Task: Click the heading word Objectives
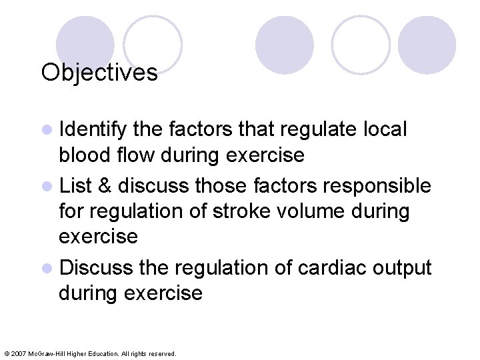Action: click(x=99, y=72)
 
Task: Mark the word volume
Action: click(x=308, y=212)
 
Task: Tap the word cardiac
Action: click(x=323, y=267)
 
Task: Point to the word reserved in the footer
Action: click(x=163, y=354)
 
